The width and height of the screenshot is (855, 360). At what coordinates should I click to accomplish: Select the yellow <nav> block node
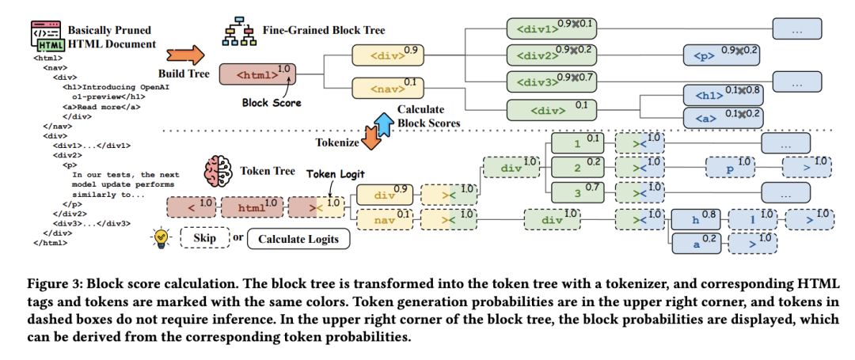click(378, 88)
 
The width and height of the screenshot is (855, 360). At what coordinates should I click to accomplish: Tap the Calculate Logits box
click(297, 238)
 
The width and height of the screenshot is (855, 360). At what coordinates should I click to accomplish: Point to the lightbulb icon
click(161, 237)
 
